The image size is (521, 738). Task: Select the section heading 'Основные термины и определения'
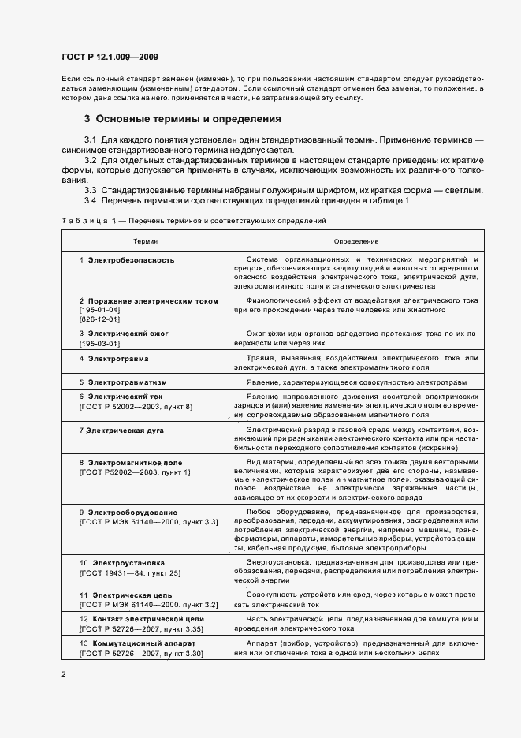(188, 119)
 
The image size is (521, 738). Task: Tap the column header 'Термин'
(145, 240)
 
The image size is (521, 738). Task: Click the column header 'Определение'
(355, 240)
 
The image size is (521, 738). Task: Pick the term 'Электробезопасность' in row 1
(131, 259)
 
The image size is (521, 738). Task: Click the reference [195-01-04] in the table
(99, 310)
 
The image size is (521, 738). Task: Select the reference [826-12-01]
(99, 319)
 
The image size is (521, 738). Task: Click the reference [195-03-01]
(99, 343)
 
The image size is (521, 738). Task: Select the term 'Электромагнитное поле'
(135, 462)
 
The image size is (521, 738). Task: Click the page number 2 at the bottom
(63, 674)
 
